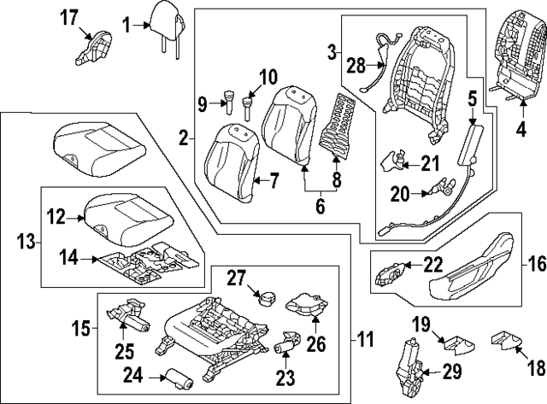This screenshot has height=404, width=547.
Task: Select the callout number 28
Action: [x=356, y=65]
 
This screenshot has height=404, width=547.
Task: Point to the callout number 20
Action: [x=401, y=195]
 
